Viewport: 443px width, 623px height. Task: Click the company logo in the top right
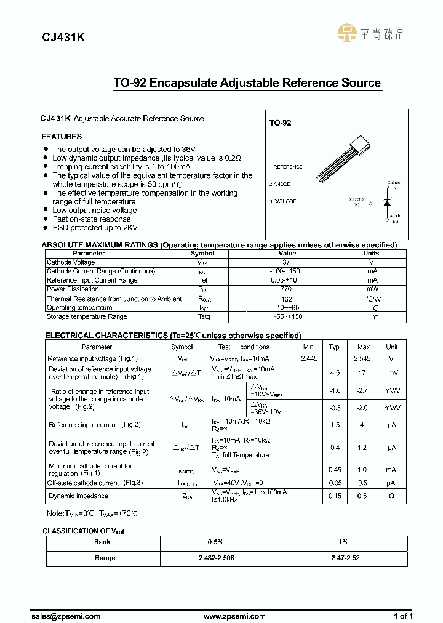[x=372, y=33]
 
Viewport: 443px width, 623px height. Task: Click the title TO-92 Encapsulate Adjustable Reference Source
[x=247, y=83]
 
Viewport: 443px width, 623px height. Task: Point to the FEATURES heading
[x=62, y=137]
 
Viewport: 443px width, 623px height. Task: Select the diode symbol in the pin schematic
[x=387, y=203]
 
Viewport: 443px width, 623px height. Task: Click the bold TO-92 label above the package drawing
[x=280, y=123]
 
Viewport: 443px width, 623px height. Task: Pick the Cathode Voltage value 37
[x=287, y=262]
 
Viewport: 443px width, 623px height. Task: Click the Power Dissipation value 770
[x=287, y=289]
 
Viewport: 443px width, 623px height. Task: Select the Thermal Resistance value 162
[x=287, y=299]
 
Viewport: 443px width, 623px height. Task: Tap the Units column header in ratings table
[x=371, y=253]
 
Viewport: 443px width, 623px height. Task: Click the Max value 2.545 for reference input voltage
[x=363, y=358]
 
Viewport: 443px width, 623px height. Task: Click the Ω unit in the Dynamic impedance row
[x=391, y=496]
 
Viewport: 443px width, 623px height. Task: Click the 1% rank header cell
[x=343, y=542]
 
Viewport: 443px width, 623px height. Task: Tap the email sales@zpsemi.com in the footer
[x=65, y=616]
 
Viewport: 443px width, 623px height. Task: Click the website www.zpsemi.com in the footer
[x=234, y=616]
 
